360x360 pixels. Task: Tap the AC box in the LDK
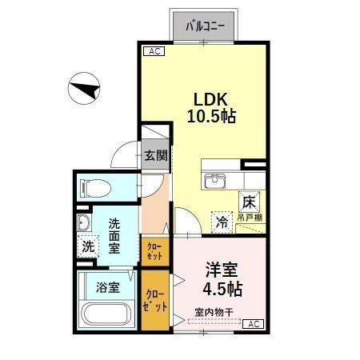pos(154,51)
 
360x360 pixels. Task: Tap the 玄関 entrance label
pos(155,156)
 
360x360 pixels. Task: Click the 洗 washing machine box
pos(87,246)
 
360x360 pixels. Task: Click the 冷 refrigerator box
pos(222,222)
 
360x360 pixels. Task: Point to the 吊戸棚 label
pos(250,218)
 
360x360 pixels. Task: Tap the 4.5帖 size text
pos(222,288)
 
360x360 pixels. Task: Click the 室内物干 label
pos(211,312)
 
